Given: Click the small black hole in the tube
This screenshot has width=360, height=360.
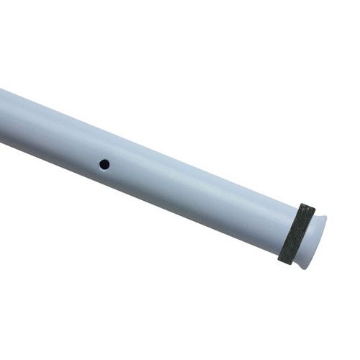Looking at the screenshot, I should pos(104,164).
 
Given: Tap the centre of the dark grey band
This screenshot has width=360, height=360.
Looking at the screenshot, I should pos(297,233).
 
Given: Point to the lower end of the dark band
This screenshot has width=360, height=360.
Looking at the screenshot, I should pos(286,260).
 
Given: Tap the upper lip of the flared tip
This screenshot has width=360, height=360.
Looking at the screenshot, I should pos(321,217).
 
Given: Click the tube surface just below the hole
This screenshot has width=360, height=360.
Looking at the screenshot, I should pos(100,179).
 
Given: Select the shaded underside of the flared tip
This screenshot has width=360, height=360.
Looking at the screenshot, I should pos(308,258).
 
